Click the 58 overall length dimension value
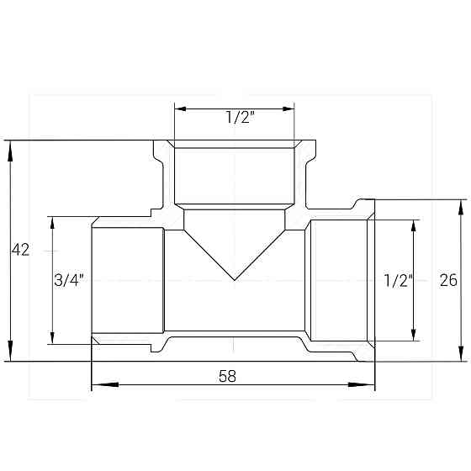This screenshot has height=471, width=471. pyautogui.click(x=226, y=376)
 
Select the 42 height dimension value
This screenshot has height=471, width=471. pyautogui.click(x=20, y=250)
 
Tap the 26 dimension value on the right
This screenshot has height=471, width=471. pyautogui.click(x=448, y=281)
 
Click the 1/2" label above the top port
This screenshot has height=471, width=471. pyautogui.click(x=241, y=119)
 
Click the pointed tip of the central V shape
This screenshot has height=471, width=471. pyautogui.click(x=235, y=279)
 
